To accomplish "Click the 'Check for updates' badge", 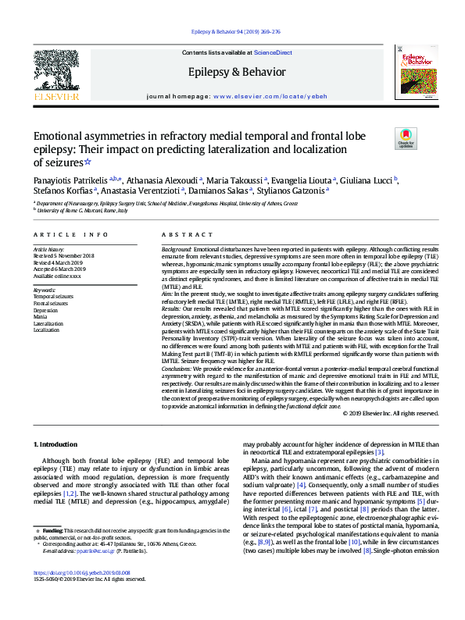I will (406, 139).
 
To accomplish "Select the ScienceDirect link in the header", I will (274, 52).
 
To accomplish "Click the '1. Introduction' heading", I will (56, 444).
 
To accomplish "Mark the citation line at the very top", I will (235, 32).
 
